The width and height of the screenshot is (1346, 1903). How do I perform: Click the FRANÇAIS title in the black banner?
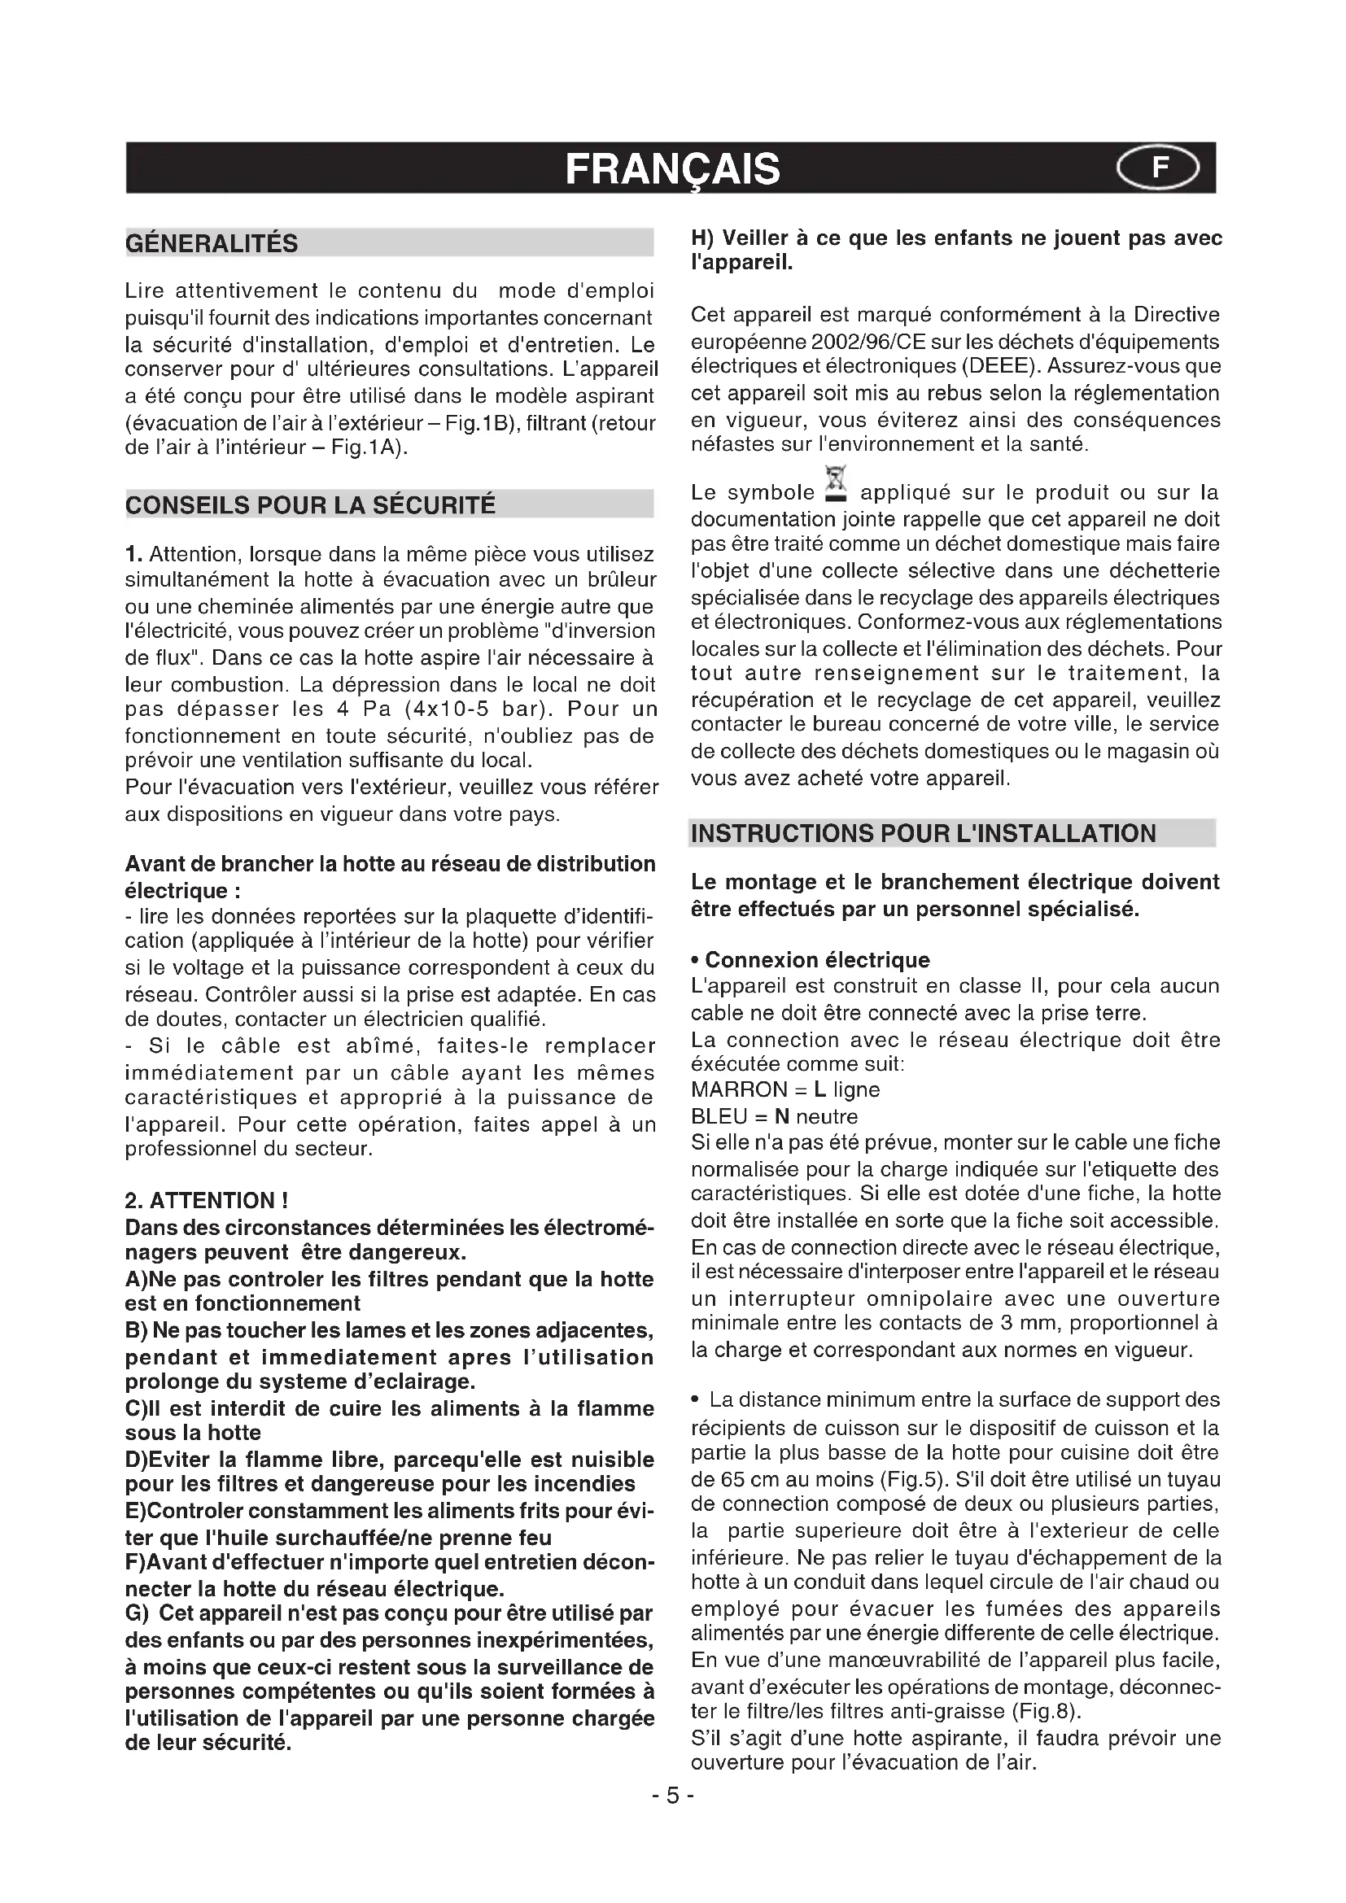point(672,170)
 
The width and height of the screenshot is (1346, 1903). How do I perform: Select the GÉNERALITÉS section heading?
point(212,244)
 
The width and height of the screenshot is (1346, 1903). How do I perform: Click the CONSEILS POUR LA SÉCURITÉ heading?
point(310,504)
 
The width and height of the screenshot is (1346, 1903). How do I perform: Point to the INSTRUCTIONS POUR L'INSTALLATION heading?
point(923,833)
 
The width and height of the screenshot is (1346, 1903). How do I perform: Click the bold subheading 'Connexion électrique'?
point(816,960)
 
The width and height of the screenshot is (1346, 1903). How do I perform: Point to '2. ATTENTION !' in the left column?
point(207,1200)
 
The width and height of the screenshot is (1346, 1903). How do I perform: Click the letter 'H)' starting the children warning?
point(703,238)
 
